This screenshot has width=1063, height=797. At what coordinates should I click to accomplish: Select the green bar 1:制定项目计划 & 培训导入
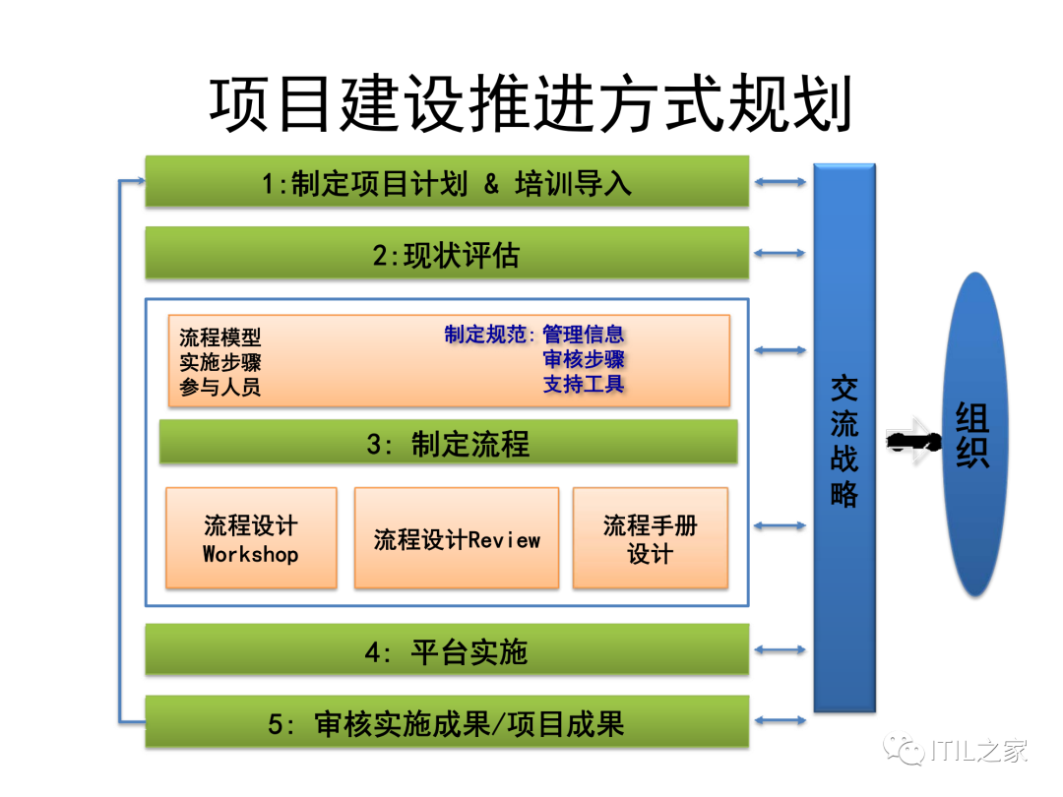click(447, 183)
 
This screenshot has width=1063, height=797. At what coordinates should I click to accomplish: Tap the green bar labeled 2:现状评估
click(447, 255)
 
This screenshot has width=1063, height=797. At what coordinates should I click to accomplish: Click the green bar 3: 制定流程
click(448, 443)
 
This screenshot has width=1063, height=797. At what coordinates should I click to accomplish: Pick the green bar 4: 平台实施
click(447, 651)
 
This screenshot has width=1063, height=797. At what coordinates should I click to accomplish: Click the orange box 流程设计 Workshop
click(251, 538)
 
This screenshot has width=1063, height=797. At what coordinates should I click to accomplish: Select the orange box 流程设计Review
click(457, 539)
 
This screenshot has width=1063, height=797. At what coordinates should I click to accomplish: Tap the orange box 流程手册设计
click(651, 538)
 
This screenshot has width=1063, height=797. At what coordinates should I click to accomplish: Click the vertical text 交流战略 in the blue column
click(844, 439)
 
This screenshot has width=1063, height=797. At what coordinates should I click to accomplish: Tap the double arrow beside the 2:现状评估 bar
click(781, 254)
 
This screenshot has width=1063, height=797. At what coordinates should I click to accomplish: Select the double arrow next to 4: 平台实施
click(781, 650)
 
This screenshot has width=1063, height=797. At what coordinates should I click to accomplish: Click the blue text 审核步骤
click(584, 359)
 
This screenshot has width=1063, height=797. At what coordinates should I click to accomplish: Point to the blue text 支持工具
click(584, 384)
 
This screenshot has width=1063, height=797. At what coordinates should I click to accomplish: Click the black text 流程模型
click(219, 338)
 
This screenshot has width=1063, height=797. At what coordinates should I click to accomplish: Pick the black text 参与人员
click(219, 387)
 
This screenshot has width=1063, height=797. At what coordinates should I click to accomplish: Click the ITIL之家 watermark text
click(978, 751)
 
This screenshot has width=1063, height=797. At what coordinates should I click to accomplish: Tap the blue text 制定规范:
click(489, 335)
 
